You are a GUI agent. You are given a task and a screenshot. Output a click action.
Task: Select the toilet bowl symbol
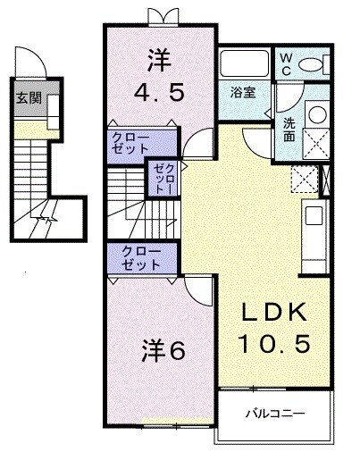tap(313, 63)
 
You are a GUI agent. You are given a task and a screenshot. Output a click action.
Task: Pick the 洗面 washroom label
tap(290, 130)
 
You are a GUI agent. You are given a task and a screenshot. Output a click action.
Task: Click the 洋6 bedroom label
tap(162, 350)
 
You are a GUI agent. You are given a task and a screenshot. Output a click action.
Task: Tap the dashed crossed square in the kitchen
tap(304, 179)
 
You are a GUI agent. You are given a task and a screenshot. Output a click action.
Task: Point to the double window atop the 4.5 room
tap(160, 16)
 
